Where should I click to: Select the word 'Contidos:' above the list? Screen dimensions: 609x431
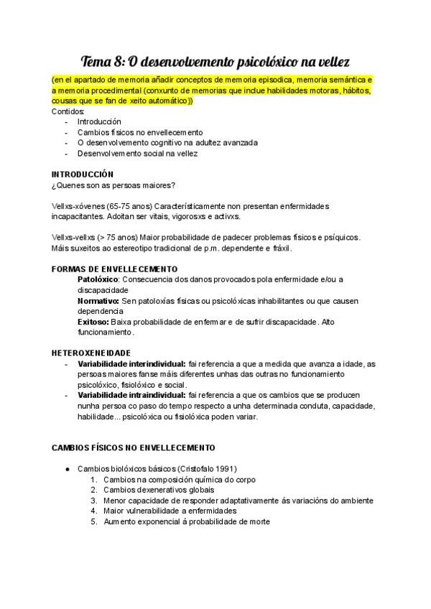coord(68,111)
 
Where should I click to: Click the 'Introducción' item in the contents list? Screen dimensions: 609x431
coord(99,122)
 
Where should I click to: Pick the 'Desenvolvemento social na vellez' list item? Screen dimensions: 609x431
coord(137,153)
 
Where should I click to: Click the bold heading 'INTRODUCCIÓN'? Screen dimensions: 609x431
coord(83,175)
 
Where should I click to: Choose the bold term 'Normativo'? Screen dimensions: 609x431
coord(97,300)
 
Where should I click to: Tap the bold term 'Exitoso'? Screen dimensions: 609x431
coord(93,322)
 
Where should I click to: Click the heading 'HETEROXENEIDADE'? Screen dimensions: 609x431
coord(91,353)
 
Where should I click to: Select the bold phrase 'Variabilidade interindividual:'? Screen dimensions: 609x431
coord(131,364)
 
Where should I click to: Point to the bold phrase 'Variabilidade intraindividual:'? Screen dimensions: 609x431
coord(131,396)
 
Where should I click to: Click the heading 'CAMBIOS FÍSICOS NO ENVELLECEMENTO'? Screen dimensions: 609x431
coord(133,448)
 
